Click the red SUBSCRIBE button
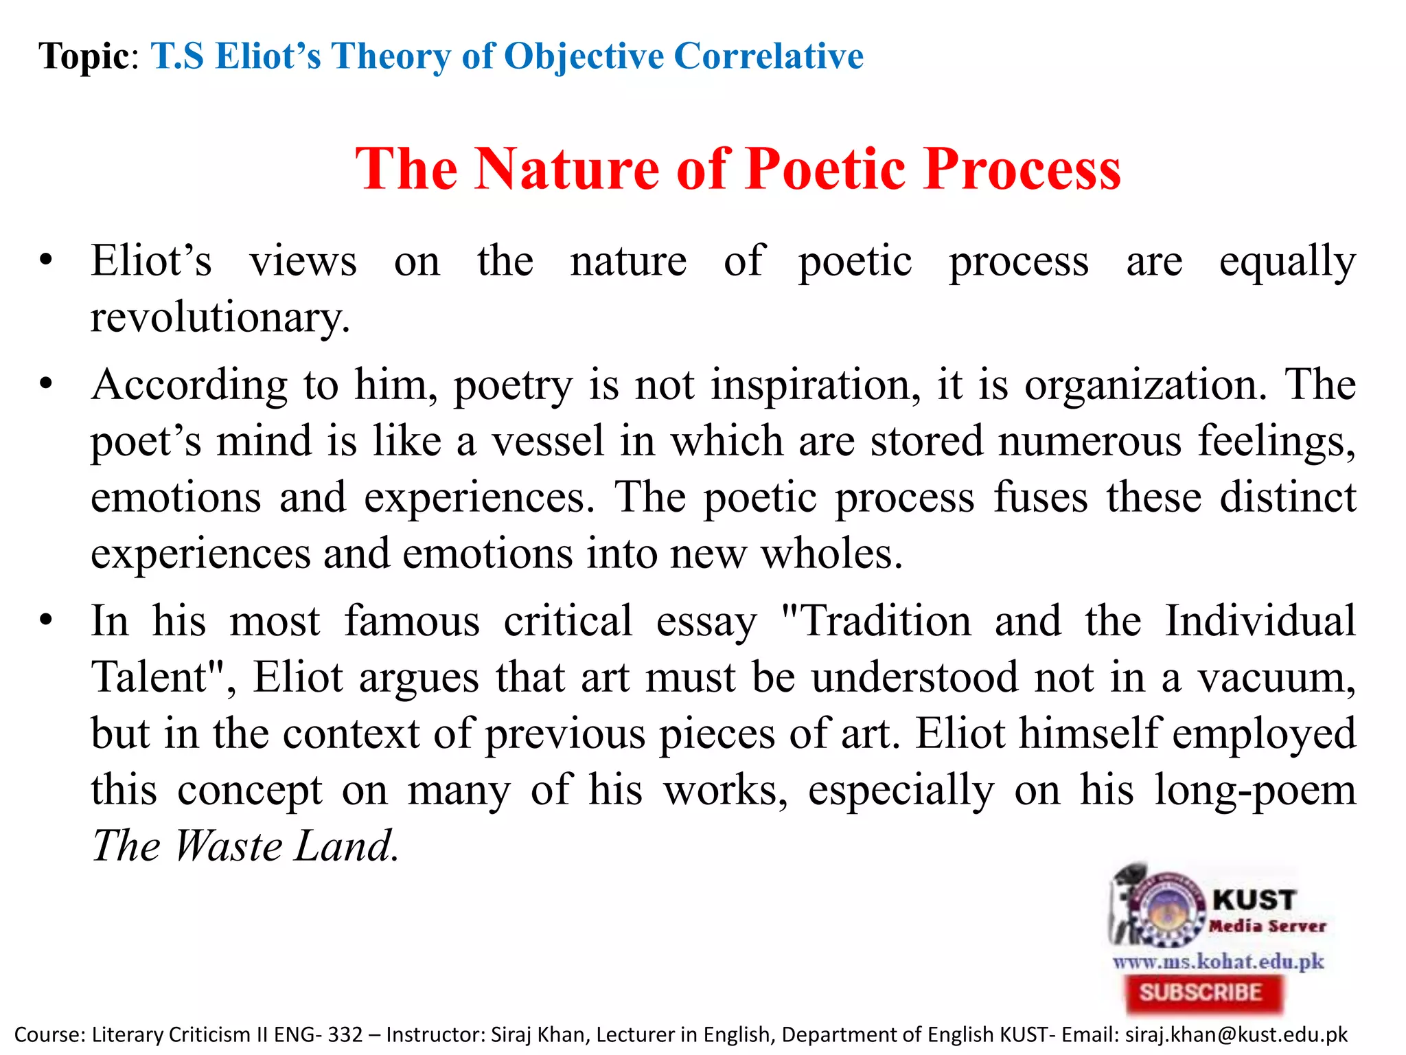click(x=1203, y=992)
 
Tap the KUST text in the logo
click(x=1254, y=900)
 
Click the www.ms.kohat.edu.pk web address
click(x=1218, y=961)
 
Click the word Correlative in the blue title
click(x=768, y=56)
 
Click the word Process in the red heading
click(x=1022, y=169)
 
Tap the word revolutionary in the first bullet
click(x=220, y=318)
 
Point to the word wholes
click(x=831, y=554)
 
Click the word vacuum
click(x=1277, y=678)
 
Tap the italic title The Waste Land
click(x=244, y=846)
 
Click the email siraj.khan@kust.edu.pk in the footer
click(x=1236, y=1034)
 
